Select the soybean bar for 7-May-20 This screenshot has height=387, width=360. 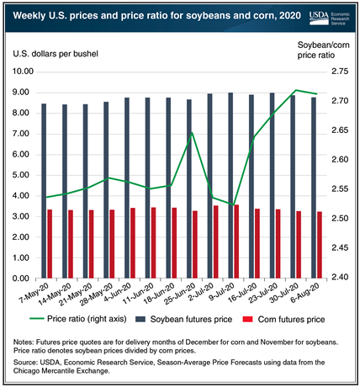pos(44,191)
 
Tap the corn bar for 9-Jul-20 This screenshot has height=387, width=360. pos(236,241)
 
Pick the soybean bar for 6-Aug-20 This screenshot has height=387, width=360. pos(314,188)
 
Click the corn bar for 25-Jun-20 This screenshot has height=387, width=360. pos(195,245)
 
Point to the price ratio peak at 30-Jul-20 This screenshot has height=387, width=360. pos(296,90)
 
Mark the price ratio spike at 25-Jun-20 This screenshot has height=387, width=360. pos(192,133)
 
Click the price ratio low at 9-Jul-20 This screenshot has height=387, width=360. pos(233,204)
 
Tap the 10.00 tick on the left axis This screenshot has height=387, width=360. pos(23,72)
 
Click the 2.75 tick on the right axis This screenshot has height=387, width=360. pos(340,72)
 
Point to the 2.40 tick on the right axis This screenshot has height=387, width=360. pos(340,277)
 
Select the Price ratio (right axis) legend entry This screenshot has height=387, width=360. pos(78,319)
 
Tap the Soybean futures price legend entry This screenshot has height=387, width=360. pos(183,319)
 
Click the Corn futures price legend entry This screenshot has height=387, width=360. pos(283,319)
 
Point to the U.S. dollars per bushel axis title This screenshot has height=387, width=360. pos(56,54)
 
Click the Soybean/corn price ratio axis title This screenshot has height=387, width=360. pos(324,50)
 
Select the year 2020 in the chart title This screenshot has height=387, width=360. pos(290,15)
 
